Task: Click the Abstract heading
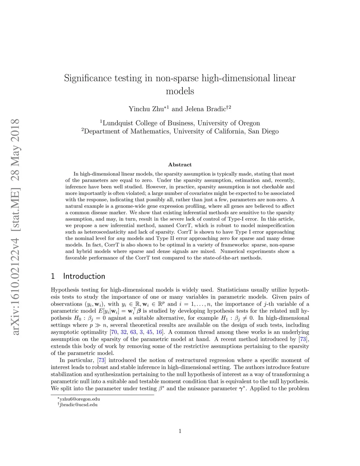coord(180,165)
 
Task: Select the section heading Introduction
coord(84,276)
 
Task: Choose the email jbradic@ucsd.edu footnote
coord(79,404)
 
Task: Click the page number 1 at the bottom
coord(180,431)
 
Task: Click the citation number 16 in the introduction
coord(159,332)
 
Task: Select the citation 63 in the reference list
coord(133,332)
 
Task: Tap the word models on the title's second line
coord(180,91)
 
